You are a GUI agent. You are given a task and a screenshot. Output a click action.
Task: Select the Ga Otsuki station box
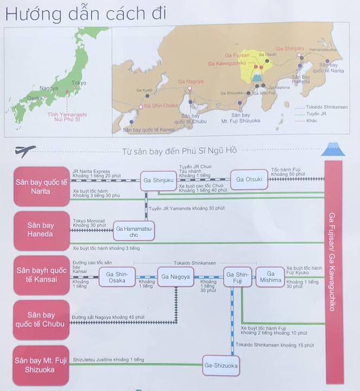click(x=250, y=179)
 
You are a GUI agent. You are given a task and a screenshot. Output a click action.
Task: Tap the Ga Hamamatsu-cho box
click(x=134, y=232)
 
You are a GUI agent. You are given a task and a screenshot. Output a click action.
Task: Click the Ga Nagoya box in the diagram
click(x=176, y=277)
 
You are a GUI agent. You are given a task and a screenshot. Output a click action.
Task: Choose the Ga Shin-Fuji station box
click(x=237, y=277)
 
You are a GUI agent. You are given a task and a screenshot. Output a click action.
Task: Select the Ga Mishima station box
click(x=270, y=277)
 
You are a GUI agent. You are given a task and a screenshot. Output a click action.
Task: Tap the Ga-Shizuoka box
click(x=221, y=366)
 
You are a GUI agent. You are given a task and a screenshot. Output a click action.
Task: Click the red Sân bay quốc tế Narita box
click(x=42, y=186)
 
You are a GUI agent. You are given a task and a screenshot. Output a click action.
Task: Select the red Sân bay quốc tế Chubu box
click(x=42, y=319)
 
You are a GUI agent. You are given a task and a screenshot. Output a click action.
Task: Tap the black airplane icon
click(x=26, y=149)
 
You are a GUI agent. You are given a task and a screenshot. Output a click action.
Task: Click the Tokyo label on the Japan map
click(x=78, y=83)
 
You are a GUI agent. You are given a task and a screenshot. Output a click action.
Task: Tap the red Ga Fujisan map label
click(x=237, y=55)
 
